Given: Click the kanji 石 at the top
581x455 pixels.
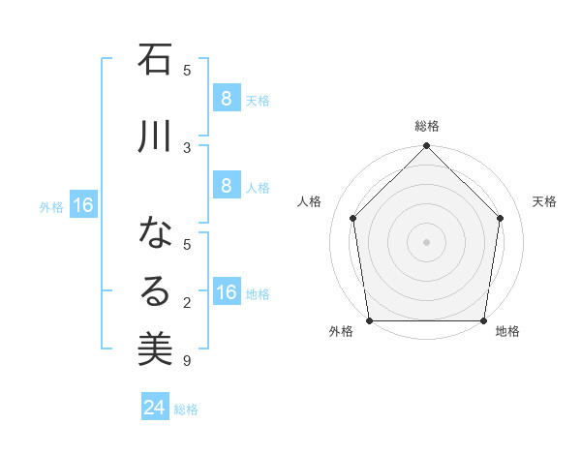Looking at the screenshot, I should point(155,60).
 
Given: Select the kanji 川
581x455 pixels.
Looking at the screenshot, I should point(155,136).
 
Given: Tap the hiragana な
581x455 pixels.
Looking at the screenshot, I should point(155,234).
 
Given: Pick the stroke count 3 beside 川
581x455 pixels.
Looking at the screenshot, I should point(187,147).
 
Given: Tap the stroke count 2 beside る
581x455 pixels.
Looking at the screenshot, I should point(187,304).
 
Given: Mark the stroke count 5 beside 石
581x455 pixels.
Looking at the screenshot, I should point(187,70).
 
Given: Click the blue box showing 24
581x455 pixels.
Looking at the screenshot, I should point(155,408).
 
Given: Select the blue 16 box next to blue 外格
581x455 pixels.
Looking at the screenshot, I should point(83,205).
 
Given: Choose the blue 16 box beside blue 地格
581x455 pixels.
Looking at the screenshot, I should point(226,292).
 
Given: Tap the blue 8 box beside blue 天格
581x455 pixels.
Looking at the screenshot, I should point(226,99).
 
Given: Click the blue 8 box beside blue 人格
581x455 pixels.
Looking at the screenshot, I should point(226,186).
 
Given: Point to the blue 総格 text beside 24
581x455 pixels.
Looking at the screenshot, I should point(186,409).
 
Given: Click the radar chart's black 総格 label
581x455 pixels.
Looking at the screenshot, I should point(426,126).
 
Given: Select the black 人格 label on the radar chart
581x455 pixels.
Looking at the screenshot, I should point(310,201).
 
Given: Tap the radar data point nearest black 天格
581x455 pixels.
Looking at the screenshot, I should point(501,218).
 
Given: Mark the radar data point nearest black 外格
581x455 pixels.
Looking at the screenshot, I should point(369,320).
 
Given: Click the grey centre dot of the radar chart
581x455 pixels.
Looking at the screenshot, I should point(426,241).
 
